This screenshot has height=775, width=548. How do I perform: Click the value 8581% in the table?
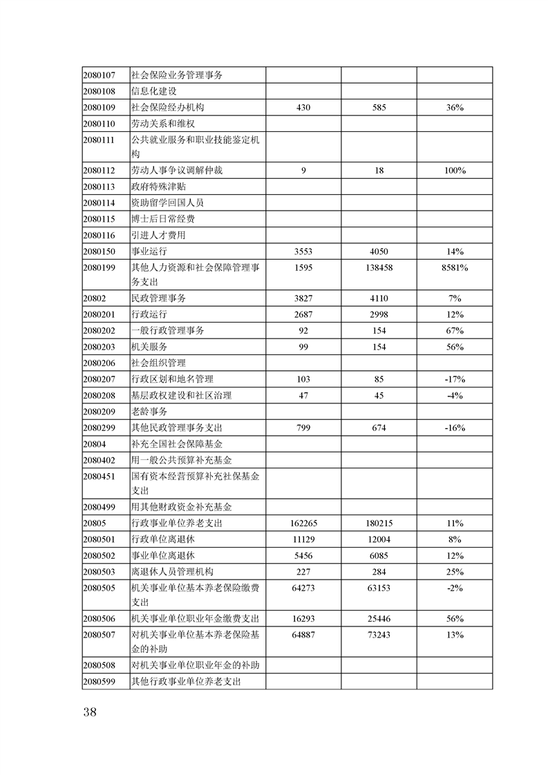pos(454,267)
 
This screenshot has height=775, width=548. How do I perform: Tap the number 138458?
pos(378,267)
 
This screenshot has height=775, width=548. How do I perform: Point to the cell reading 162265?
pos(303,524)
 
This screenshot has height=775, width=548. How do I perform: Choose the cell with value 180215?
pos(378,524)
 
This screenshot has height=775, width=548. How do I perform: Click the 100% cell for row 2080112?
pos(454,170)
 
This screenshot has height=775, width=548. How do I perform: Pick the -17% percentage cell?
pos(454,379)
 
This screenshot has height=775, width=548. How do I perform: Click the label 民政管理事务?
pos(158,298)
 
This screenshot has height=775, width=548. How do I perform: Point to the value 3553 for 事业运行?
pos(303,251)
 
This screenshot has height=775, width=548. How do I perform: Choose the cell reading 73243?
pos(378,635)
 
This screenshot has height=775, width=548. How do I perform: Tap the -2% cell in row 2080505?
pos(454,588)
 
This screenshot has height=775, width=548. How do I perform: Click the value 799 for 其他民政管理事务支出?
pos(303,428)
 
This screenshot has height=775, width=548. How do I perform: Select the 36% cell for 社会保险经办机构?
pos(454,107)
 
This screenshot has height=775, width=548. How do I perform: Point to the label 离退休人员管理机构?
pos(173,571)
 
